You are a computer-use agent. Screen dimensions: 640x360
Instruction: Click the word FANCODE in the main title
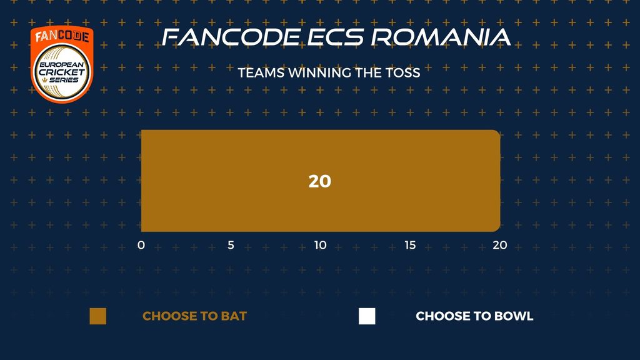[231, 37]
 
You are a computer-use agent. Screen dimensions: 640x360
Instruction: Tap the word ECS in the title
[335, 37]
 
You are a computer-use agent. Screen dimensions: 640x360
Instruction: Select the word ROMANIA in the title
[441, 37]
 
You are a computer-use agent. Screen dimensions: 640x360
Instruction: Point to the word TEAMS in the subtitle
[261, 72]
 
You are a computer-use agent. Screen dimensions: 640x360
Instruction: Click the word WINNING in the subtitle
[319, 72]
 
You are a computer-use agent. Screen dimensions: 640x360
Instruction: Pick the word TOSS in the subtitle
[403, 72]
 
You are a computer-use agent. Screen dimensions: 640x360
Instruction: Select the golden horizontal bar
[321, 181]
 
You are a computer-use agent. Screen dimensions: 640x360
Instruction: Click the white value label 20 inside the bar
[319, 181]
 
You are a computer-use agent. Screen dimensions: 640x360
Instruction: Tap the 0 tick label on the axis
[141, 245]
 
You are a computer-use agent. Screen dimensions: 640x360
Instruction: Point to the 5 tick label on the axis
[231, 245]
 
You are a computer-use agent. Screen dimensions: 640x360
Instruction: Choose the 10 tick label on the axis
[321, 245]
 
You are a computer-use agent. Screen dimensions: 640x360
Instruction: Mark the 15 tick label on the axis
[410, 245]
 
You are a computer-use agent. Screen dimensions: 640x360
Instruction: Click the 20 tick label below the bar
[500, 245]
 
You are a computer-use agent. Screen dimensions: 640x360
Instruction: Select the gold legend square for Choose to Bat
[98, 316]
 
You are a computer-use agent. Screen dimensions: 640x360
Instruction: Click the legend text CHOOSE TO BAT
[195, 316]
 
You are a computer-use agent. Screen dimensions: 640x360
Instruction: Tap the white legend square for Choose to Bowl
[367, 316]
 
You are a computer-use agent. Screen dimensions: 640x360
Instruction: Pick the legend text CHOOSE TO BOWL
[474, 316]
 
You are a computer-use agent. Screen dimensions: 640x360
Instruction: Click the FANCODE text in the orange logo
[62, 36]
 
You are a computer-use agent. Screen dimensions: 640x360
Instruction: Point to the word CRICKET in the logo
[62, 72]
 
